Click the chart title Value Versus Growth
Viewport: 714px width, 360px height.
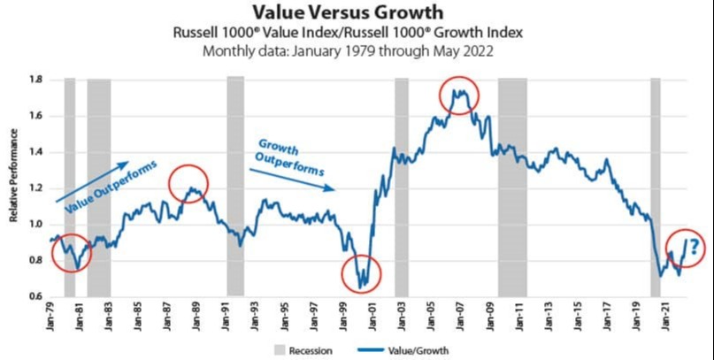click(x=357, y=12)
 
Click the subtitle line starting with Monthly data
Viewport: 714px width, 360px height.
click(x=357, y=50)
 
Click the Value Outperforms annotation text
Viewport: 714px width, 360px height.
click(x=111, y=185)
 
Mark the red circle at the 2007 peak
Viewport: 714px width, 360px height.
click(x=458, y=94)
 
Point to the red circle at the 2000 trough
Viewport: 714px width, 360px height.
click(x=361, y=274)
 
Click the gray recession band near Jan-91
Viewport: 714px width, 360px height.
click(x=235, y=186)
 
